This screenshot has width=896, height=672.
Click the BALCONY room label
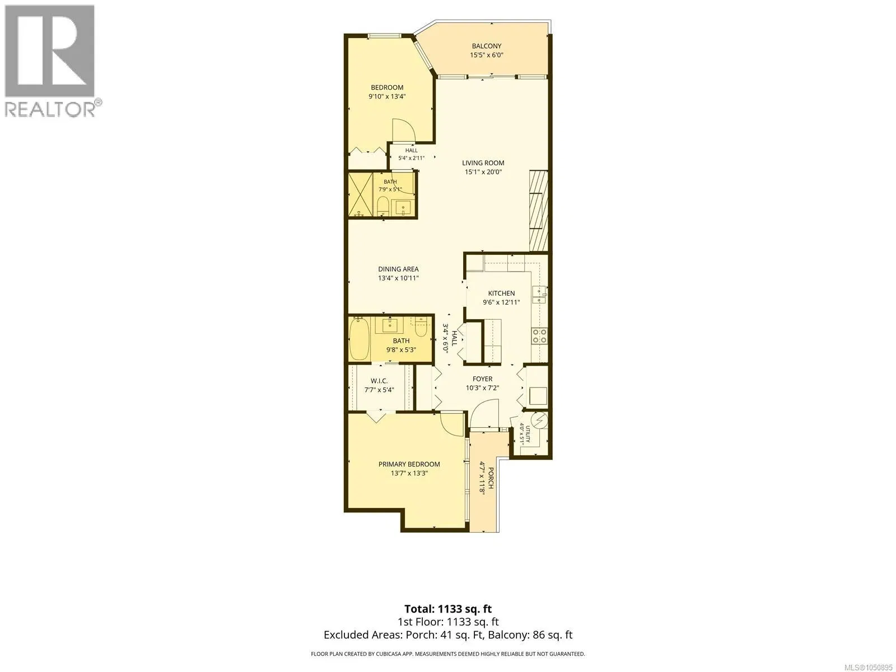pos(486,46)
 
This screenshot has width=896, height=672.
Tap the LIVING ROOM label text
pos(483,163)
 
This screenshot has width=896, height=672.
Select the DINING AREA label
pos(398,269)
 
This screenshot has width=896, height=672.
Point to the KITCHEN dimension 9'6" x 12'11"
pos(501,302)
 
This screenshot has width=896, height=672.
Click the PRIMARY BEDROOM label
pos(409,464)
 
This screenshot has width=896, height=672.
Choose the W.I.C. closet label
pos(379,381)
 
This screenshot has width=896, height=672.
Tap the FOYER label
pos(483,379)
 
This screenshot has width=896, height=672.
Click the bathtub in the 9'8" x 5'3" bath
pos(359,339)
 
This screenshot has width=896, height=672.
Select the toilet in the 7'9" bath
pos(382,206)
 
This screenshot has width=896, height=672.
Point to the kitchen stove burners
pos(539,335)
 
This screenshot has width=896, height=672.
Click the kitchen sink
pos(540,295)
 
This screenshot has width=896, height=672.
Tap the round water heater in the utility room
pos(539,420)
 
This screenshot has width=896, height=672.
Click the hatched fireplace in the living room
pos(538,211)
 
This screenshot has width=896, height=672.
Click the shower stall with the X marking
pos(361,194)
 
